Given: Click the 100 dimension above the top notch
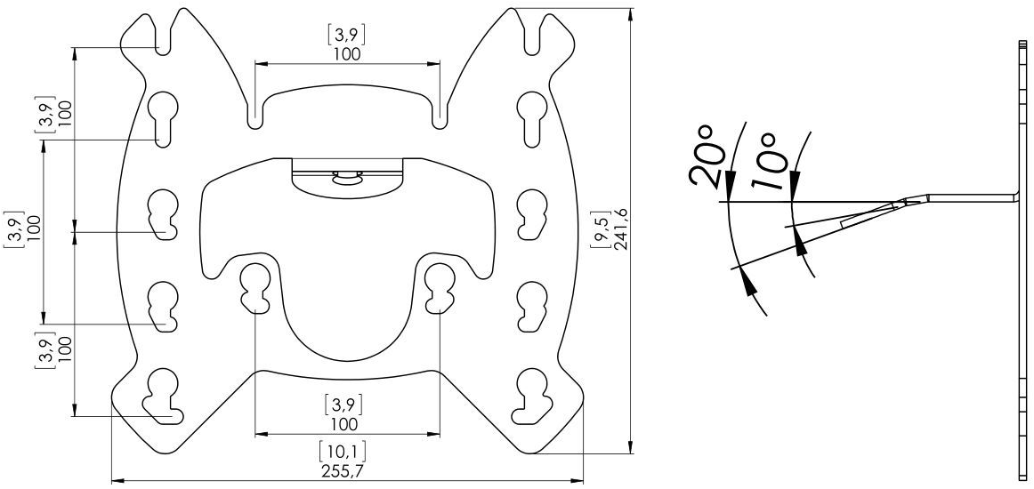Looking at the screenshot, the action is tap(347, 54).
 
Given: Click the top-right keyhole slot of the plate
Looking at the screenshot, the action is tap(530, 117).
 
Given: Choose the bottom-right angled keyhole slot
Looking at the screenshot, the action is tap(530, 396).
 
